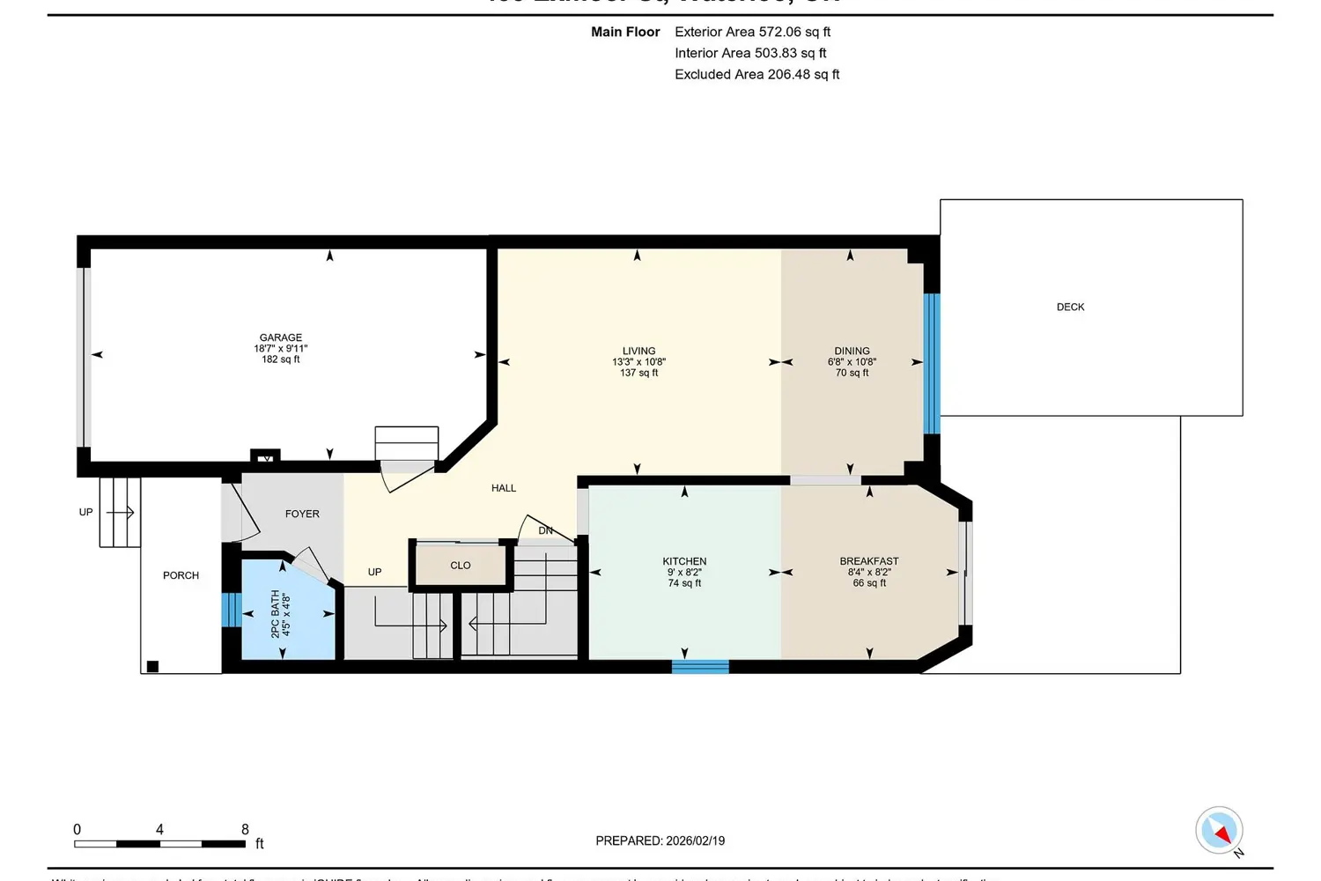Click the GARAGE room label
point(281,337)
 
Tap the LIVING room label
point(638,351)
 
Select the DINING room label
point(852,351)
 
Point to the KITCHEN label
point(684,561)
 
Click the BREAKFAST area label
point(868,561)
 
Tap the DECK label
point(1070,307)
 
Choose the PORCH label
point(181,575)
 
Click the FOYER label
point(302,514)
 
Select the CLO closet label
point(461,566)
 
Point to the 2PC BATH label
point(275,613)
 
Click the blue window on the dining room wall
point(932,363)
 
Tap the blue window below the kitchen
point(700,667)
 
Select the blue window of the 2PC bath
point(231,610)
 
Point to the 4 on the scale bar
point(159,829)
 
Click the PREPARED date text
point(660,840)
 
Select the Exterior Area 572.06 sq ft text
point(752,32)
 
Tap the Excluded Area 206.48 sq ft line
point(756,74)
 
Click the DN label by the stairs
point(546,530)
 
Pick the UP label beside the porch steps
point(85,512)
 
